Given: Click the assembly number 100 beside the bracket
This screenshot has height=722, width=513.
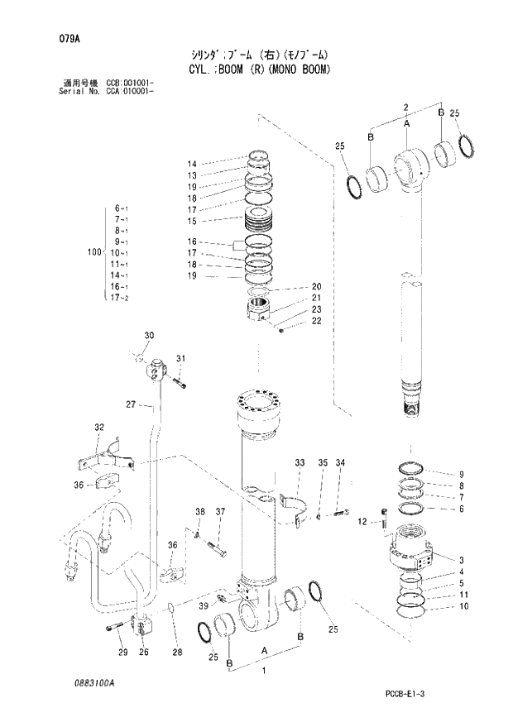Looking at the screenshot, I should click(x=93, y=251).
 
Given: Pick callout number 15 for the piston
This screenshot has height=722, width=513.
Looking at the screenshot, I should click(x=191, y=221).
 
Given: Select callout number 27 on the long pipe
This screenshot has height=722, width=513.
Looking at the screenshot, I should click(x=130, y=404).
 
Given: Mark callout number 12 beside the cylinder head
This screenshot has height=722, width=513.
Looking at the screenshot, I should click(x=362, y=522).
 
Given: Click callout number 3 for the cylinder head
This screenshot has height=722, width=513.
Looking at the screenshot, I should click(x=461, y=560).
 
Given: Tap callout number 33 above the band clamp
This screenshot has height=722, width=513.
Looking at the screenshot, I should click(x=300, y=462).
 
